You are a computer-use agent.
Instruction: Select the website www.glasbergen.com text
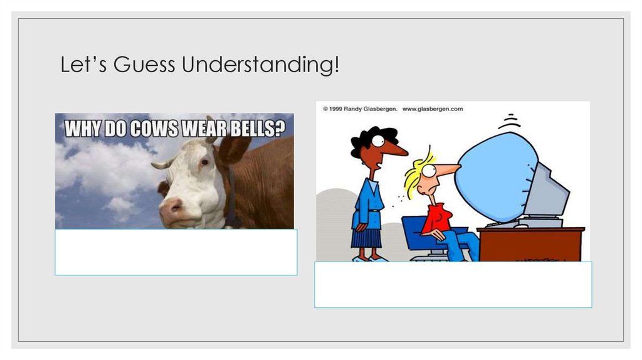[x=432, y=109]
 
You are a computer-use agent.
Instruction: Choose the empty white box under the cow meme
[x=176, y=252]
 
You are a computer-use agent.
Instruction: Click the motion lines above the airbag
[x=513, y=119]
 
